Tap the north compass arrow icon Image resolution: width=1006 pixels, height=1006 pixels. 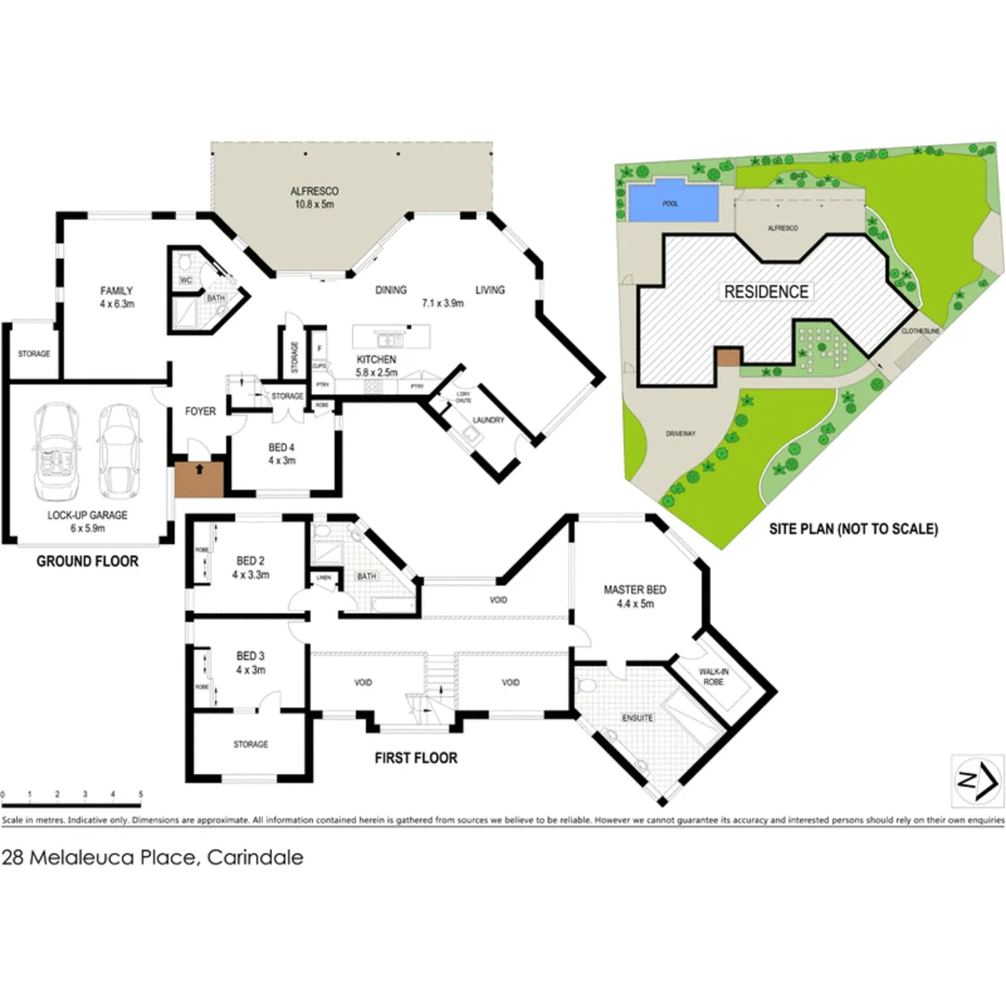pyautogui.click(x=973, y=781)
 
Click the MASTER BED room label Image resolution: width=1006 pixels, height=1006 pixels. pyautogui.click(x=634, y=595)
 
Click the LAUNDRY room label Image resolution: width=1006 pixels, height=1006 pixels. pyautogui.click(x=488, y=420)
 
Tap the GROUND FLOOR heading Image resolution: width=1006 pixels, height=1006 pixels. pyautogui.click(x=88, y=561)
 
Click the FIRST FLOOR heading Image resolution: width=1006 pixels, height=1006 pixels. pyautogui.click(x=415, y=758)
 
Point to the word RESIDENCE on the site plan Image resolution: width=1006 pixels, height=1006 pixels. pyautogui.click(x=766, y=292)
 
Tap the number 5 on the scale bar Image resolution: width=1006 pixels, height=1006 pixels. pyautogui.click(x=141, y=795)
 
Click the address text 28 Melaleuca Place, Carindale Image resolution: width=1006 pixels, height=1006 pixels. pyautogui.click(x=153, y=858)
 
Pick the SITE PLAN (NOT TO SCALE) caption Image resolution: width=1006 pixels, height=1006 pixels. pyautogui.click(x=853, y=528)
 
